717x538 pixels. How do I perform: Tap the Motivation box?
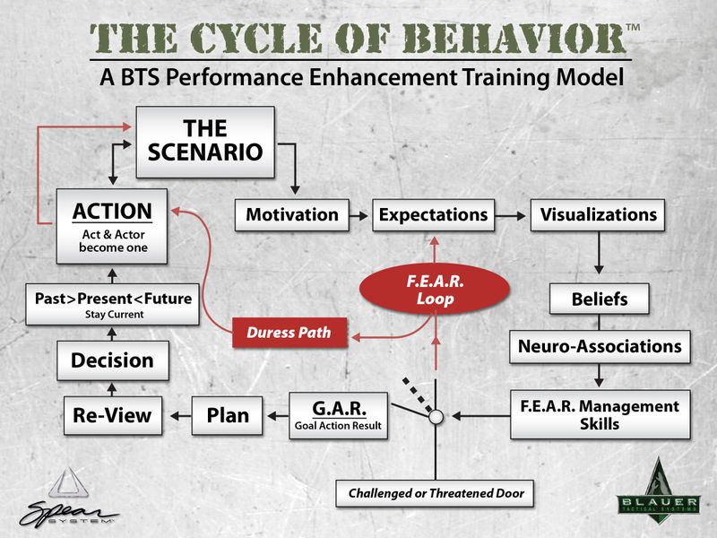[x=292, y=215]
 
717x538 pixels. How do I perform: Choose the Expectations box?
[x=433, y=215]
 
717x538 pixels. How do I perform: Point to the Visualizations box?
[x=599, y=215]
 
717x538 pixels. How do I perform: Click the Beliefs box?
[x=599, y=299]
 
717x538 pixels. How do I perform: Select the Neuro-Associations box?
[x=599, y=345]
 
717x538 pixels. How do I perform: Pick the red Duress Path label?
[x=289, y=333]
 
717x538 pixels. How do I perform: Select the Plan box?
[x=228, y=415]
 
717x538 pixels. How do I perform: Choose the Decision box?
[x=112, y=361]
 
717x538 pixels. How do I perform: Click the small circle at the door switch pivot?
[x=436, y=417]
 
